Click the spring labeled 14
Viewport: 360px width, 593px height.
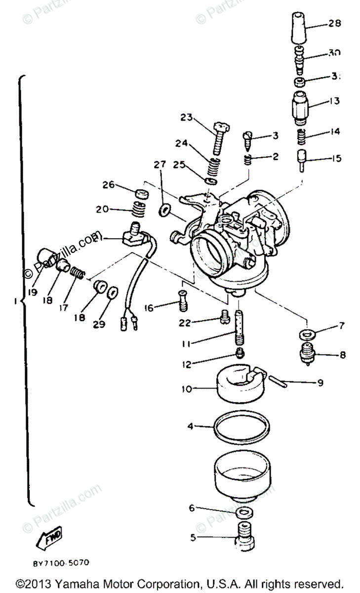301,135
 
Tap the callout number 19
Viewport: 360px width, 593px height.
33,292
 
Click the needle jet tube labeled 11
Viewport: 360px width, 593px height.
240,329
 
